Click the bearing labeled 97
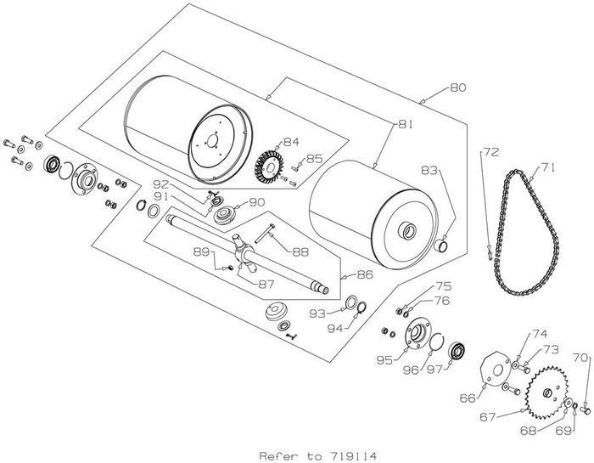(459, 348)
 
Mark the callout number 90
(257, 201)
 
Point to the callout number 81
(405, 125)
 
